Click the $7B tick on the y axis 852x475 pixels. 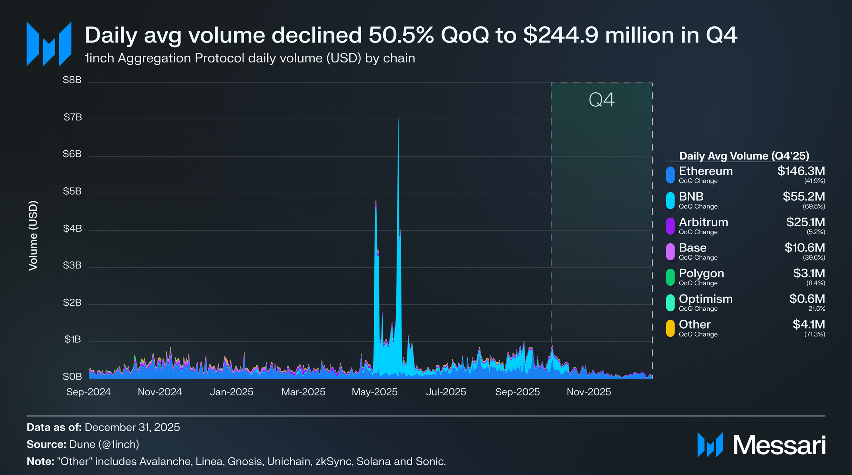tap(73, 117)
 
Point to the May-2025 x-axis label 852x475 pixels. tap(375, 392)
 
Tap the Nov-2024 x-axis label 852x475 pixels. tap(160, 392)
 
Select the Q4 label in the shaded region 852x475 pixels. tap(601, 100)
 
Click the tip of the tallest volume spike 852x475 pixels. tap(398, 118)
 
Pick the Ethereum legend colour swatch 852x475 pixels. tap(670, 175)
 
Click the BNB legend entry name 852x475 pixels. tap(691, 197)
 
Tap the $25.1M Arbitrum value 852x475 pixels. tap(805, 222)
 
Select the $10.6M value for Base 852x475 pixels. tap(804, 248)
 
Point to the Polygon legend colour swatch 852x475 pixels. tap(670, 277)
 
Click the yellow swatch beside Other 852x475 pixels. tap(670, 329)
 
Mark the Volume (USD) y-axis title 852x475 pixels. tap(33, 236)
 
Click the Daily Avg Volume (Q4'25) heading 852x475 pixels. tap(744, 156)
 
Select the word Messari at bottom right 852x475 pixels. tap(779, 445)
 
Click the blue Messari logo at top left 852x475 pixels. tap(49, 44)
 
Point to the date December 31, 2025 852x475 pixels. tap(132, 427)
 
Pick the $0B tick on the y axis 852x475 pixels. tap(72, 376)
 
